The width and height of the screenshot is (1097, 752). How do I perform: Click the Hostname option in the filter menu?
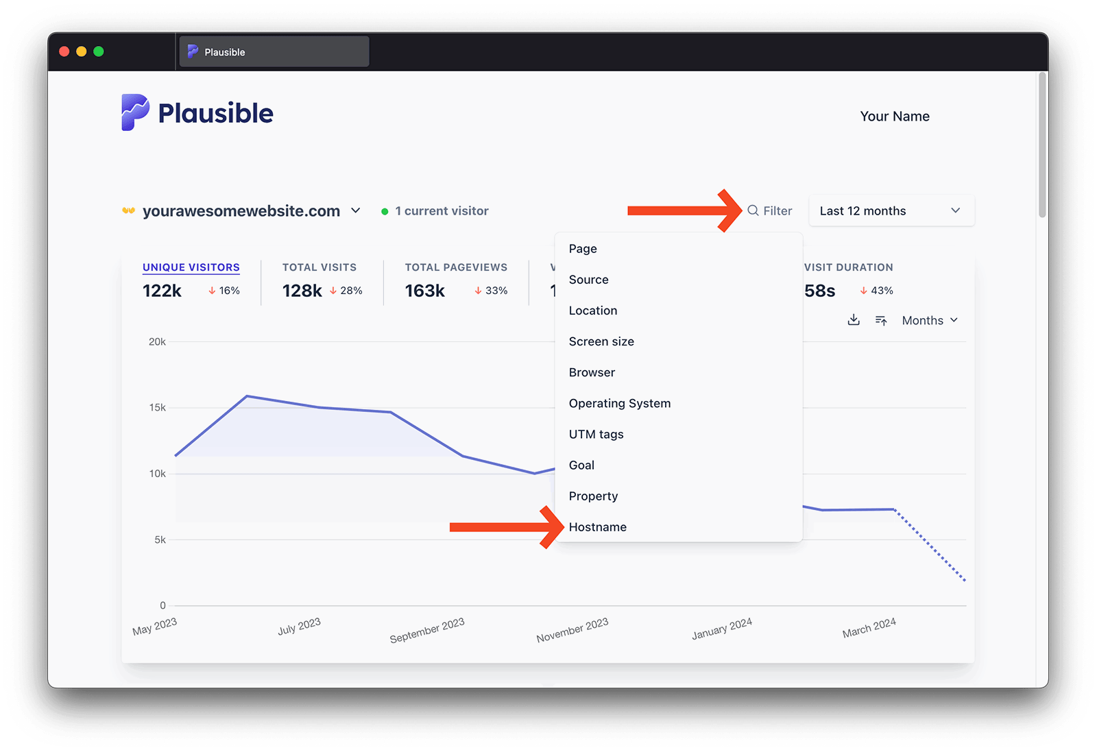pos(597,527)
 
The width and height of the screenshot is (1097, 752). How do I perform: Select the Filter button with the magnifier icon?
pos(770,211)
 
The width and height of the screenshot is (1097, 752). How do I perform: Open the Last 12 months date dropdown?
pos(891,211)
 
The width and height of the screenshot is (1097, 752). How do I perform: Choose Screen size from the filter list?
pos(601,341)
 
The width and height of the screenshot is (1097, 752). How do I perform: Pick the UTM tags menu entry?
pos(596,435)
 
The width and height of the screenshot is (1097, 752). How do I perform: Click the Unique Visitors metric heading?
pos(191,267)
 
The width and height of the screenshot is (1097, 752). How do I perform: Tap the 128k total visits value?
pos(302,291)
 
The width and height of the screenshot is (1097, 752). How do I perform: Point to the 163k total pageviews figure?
pos(424,291)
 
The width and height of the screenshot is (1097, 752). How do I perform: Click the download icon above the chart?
pos(854,320)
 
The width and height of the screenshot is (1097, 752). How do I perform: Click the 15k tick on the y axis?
pos(157,408)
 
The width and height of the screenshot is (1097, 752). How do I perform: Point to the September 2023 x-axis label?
pos(426,631)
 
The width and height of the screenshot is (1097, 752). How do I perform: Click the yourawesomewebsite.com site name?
pos(241,211)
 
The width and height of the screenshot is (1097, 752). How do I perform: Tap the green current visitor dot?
pos(385,212)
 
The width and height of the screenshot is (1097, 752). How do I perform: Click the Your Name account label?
pos(895,117)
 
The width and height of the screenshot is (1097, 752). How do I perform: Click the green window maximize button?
pos(99,51)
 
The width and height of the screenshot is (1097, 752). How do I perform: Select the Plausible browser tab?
pos(274,52)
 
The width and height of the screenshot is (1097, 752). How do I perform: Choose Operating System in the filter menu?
pos(619,404)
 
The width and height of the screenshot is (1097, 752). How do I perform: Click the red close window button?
pos(64,51)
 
